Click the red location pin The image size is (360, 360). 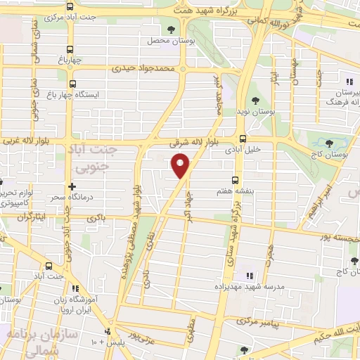[x=181, y=165]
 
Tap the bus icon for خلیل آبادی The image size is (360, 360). [x=243, y=139]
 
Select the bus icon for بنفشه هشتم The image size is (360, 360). [x=236, y=179]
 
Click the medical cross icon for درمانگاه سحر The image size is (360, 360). [x=71, y=186]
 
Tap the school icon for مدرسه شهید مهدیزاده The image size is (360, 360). [x=248, y=275]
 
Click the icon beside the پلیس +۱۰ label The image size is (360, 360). [x=107, y=331]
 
